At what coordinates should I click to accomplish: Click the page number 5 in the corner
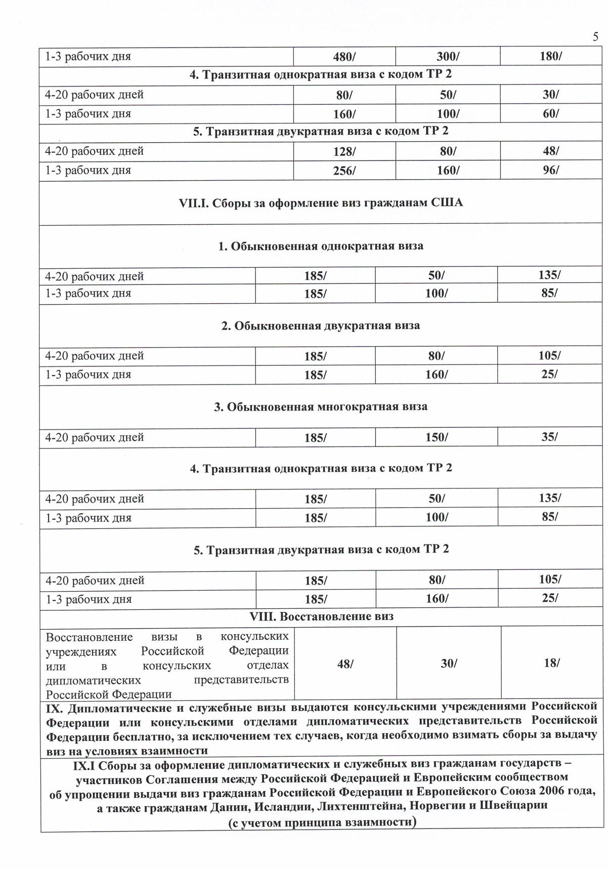(595, 36)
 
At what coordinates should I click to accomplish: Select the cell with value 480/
(344, 57)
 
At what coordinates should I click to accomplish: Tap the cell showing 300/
(448, 57)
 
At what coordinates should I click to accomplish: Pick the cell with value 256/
(344, 171)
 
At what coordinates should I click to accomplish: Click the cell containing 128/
(344, 151)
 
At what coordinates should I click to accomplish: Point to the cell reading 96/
(551, 170)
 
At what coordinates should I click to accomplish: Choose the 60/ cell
(551, 113)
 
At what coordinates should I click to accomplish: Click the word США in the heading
(447, 203)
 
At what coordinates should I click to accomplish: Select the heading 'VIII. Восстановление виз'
(321, 616)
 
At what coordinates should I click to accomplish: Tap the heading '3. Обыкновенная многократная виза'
(321, 407)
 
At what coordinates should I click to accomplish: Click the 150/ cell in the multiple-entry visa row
(437, 437)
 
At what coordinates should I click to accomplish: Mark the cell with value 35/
(549, 437)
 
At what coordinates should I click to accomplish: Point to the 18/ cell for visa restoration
(551, 663)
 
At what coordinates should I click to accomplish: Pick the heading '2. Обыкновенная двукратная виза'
(321, 325)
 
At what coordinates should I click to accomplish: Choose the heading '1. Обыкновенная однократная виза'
(321, 246)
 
